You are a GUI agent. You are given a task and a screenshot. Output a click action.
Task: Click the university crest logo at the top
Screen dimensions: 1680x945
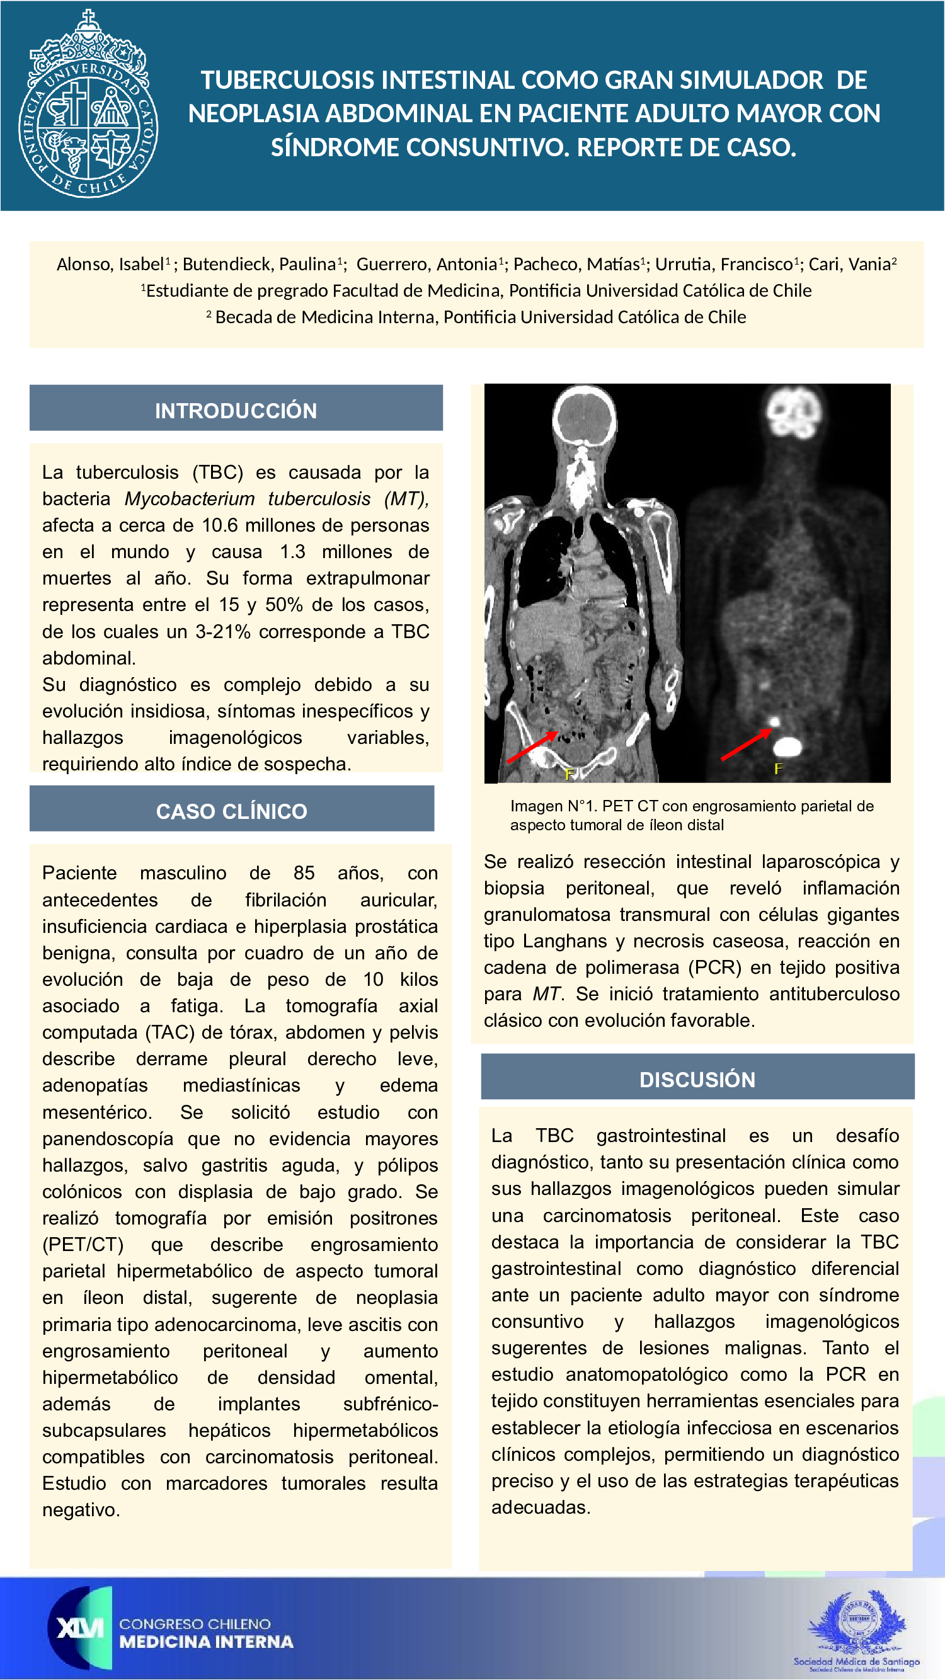(x=88, y=105)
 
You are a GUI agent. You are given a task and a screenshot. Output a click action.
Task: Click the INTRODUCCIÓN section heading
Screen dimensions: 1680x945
(x=236, y=410)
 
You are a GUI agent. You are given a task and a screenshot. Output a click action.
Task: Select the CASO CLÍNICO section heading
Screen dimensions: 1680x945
(x=231, y=811)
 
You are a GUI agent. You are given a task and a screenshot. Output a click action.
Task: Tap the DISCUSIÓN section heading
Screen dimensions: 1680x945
(x=697, y=1079)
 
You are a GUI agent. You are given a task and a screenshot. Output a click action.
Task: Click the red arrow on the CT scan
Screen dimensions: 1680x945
(x=532, y=746)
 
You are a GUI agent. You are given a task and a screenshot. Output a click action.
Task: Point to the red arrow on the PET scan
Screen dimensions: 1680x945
(x=745, y=744)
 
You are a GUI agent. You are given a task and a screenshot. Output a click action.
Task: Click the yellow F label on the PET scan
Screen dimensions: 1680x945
(x=778, y=769)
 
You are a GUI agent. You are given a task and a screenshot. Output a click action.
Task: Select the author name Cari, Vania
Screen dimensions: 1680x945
(x=852, y=264)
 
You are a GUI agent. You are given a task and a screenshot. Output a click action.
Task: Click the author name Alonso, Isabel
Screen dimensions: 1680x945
(x=110, y=264)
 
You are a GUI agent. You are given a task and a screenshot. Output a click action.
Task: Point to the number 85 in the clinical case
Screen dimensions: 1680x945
(x=304, y=872)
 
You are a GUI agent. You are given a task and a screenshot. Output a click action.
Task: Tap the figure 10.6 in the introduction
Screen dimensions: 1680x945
(x=220, y=525)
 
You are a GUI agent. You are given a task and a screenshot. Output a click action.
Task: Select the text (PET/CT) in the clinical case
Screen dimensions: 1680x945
(x=83, y=1244)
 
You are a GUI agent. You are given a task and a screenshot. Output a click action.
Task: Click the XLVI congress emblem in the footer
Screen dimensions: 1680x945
(x=79, y=1628)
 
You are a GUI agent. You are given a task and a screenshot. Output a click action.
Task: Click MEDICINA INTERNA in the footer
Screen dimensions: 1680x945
(x=206, y=1642)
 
